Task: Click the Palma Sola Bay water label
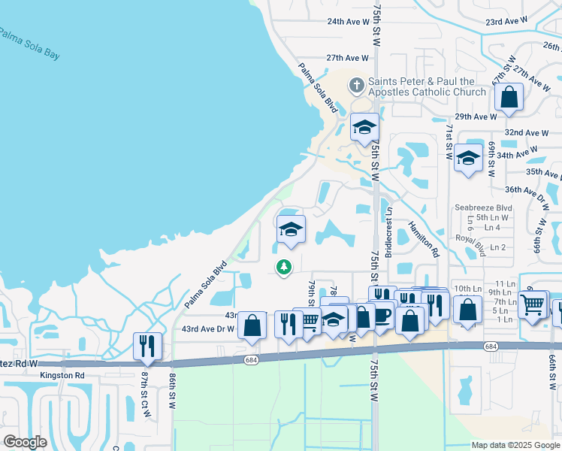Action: click(x=29, y=44)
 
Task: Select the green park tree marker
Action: click(x=284, y=266)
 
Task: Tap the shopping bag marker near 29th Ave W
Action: click(x=509, y=98)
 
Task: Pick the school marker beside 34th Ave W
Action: click(x=468, y=159)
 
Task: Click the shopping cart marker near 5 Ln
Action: click(x=532, y=304)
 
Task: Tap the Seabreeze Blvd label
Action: click(x=483, y=207)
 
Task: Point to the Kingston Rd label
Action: click(x=64, y=374)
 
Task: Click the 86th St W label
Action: click(x=172, y=387)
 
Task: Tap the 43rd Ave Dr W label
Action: click(x=208, y=328)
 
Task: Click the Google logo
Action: click(x=26, y=442)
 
